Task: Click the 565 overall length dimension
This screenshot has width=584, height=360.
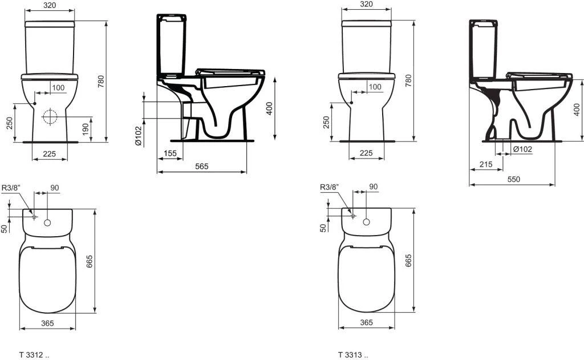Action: pos(202,166)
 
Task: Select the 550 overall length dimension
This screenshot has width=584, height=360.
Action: pos(513,179)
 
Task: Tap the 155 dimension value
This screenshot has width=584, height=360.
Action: pos(170,153)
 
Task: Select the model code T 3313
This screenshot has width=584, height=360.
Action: pos(349,355)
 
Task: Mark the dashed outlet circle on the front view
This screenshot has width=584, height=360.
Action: pos(50,116)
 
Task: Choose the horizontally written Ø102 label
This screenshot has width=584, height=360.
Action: pos(522,149)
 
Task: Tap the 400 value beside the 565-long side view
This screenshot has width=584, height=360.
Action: pos(269,108)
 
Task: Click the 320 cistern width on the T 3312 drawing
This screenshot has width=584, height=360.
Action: pos(51,5)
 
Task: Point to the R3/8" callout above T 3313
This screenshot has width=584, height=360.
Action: pos(329,187)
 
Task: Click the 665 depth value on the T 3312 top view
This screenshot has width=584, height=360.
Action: pos(90,261)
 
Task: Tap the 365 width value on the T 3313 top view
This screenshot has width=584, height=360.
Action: pos(367,322)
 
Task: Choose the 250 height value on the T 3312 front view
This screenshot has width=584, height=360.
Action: pos(10,123)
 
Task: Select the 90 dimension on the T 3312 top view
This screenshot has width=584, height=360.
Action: pos(55,187)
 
